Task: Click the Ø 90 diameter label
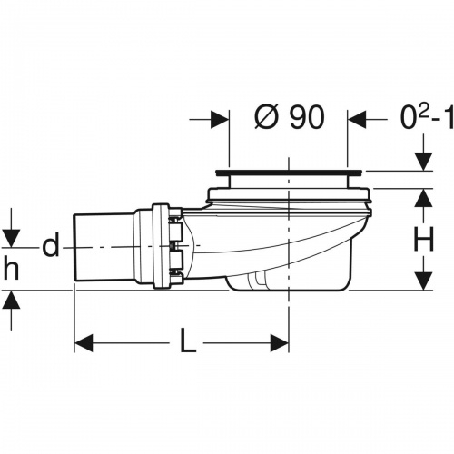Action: tap(288, 119)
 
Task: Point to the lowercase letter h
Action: tap(11, 270)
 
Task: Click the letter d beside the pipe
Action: tap(53, 245)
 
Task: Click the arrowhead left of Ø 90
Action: tap(218, 119)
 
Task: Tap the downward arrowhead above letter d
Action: tap(11, 237)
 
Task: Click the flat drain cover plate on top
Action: tap(289, 171)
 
